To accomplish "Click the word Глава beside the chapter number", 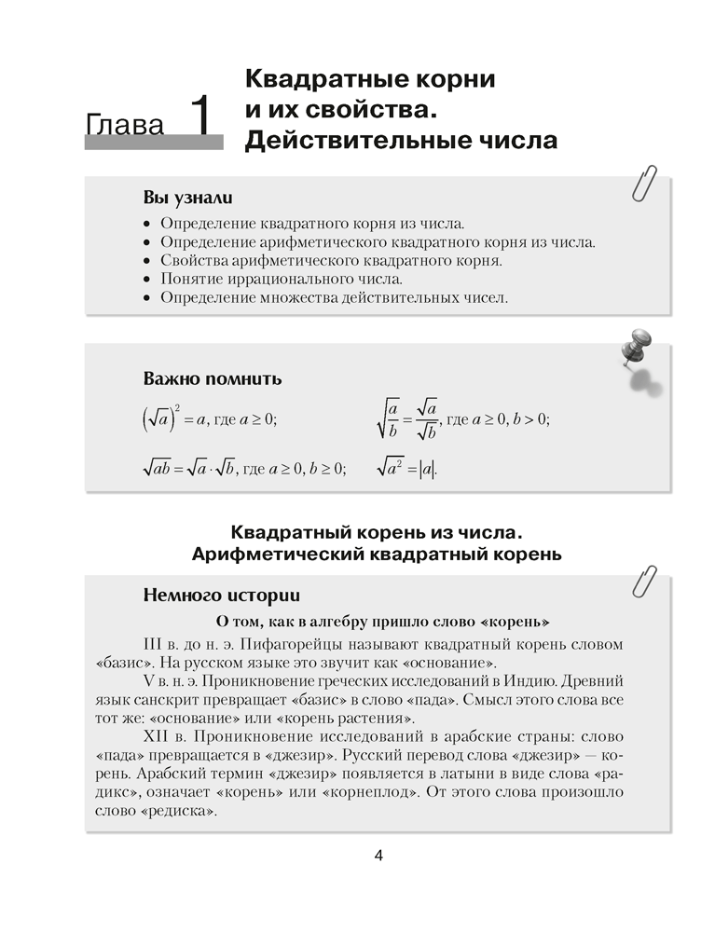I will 127,126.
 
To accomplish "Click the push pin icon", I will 639,351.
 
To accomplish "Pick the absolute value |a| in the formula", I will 427,469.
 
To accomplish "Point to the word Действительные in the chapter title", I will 362,141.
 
